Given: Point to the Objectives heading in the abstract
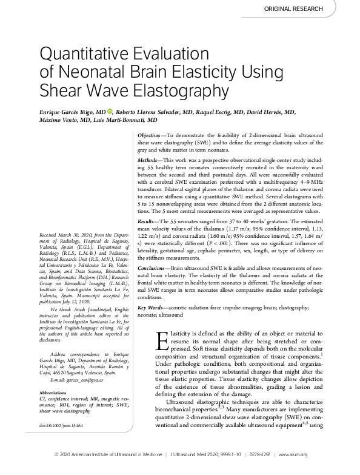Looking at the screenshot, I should tap(148, 133).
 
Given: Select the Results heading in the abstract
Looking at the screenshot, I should tap(145, 222).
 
